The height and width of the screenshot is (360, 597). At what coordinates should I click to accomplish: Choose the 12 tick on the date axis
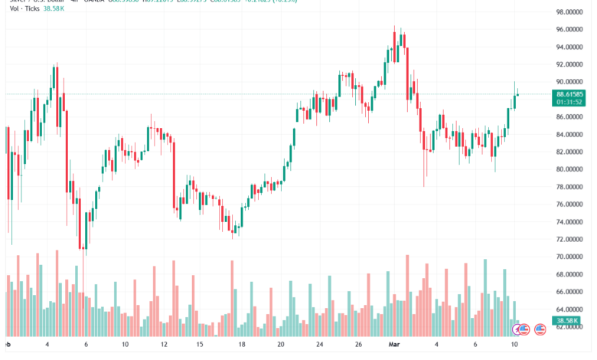[x=162, y=345]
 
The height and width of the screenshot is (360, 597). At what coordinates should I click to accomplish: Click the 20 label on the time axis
[x=280, y=345]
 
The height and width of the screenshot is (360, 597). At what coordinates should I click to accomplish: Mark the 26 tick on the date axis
[x=357, y=345]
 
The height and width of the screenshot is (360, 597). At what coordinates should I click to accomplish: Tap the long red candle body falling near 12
[x=174, y=172]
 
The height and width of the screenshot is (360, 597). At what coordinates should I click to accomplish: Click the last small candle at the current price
[x=519, y=95]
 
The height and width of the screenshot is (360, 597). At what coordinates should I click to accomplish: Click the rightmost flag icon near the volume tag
[x=540, y=329]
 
